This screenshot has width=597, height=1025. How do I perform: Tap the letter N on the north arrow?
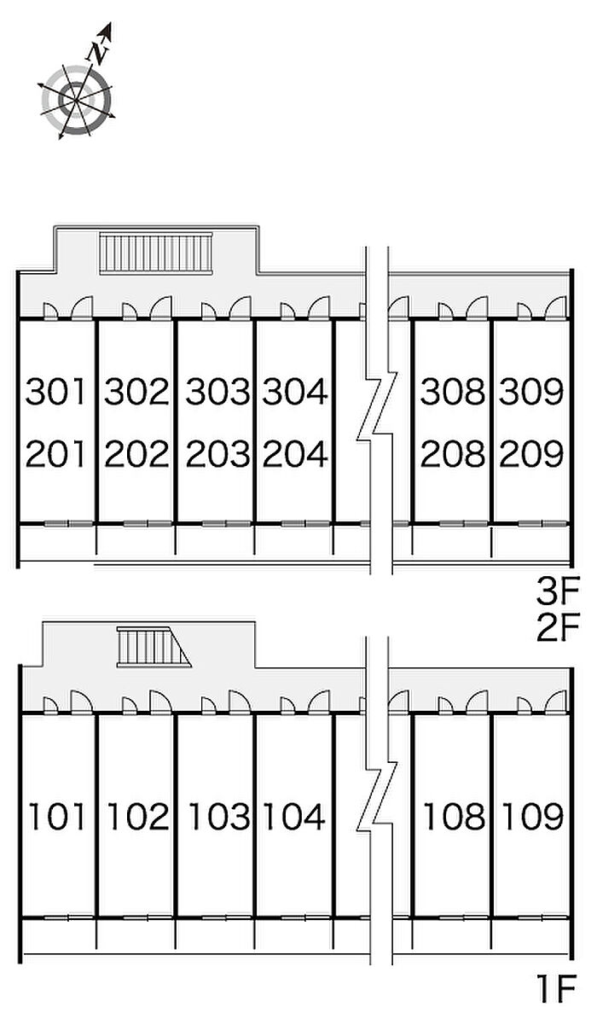pyautogui.click(x=100, y=51)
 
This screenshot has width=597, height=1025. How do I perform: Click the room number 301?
pyautogui.click(x=56, y=393)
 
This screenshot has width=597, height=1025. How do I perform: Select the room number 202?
pyautogui.click(x=136, y=455)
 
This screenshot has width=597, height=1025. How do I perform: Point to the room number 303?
pyautogui.click(x=217, y=393)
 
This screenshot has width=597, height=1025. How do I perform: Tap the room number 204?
pyautogui.click(x=295, y=455)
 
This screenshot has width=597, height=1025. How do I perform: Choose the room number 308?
pyautogui.click(x=452, y=393)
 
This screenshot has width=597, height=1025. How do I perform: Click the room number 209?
pyautogui.click(x=531, y=455)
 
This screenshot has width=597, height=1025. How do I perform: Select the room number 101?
pyautogui.click(x=57, y=817)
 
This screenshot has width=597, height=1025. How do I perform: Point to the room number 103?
pyautogui.click(x=218, y=817)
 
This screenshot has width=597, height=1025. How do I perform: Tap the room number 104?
pyautogui.click(x=294, y=817)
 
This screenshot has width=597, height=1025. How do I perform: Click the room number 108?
pyautogui.click(x=454, y=817)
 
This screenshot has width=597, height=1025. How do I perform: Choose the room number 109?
pyautogui.click(x=531, y=817)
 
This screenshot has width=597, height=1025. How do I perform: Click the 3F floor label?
pyautogui.click(x=557, y=590)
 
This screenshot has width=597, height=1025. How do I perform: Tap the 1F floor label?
pyautogui.click(x=558, y=991)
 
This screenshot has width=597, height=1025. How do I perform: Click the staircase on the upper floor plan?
pyautogui.click(x=156, y=253)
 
